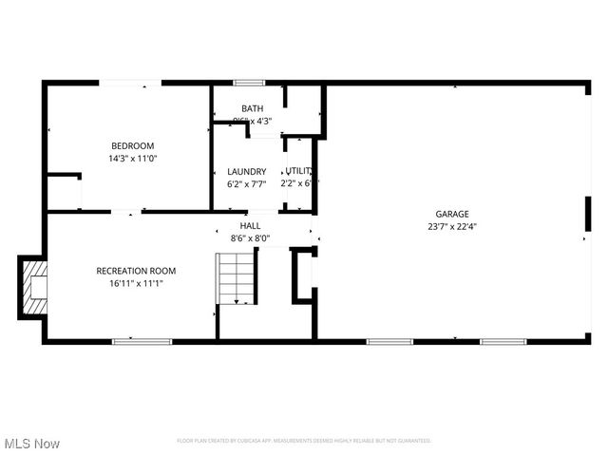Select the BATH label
(x=252, y=108)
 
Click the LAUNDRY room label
(x=247, y=172)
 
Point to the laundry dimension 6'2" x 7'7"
(x=247, y=183)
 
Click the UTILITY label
(x=298, y=171)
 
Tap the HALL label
(x=250, y=226)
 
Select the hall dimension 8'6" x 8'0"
(x=250, y=238)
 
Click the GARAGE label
(x=452, y=214)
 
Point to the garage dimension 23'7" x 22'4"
(x=452, y=226)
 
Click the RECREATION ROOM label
(x=136, y=271)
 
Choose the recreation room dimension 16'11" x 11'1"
(x=136, y=283)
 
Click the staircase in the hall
(x=237, y=277)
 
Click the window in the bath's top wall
(x=249, y=83)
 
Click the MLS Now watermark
(x=32, y=444)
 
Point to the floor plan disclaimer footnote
(x=304, y=441)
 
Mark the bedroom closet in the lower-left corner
(x=64, y=193)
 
